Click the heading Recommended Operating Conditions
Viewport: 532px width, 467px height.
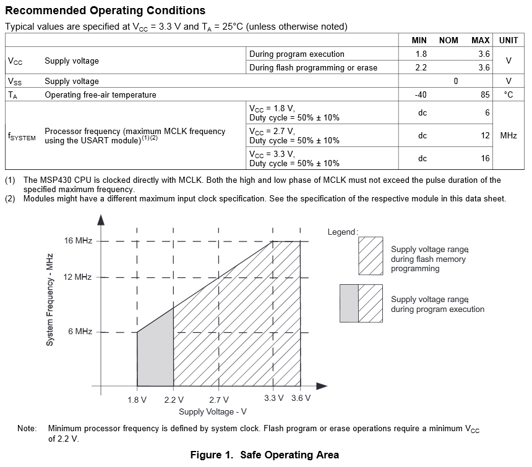click(105, 11)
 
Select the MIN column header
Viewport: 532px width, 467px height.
click(419, 40)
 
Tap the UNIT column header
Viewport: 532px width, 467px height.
click(508, 40)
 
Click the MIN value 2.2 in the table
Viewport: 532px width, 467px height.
click(421, 67)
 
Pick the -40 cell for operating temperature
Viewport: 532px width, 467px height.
click(421, 95)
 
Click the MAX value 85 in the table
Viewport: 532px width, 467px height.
click(484, 95)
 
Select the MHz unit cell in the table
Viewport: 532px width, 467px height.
click(508, 135)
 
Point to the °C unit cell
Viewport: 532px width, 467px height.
click(508, 95)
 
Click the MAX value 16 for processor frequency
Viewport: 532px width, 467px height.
click(485, 158)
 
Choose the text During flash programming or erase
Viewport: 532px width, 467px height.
click(313, 67)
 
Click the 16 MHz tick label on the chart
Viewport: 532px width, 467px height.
click(78, 241)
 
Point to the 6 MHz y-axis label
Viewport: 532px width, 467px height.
click(80, 332)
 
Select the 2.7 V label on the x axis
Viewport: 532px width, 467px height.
click(219, 400)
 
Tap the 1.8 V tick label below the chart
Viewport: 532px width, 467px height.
click(137, 400)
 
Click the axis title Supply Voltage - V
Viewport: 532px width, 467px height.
click(213, 412)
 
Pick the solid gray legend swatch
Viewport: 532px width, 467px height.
click(349, 303)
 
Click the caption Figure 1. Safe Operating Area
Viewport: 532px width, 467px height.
click(265, 455)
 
